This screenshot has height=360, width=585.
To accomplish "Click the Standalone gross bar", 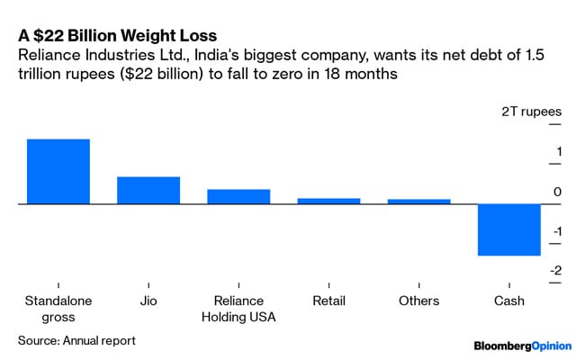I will pos(58,171).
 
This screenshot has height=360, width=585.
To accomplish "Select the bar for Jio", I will pos(148,190).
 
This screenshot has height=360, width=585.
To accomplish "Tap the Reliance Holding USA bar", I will pos(238,196).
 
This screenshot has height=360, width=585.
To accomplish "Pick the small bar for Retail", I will pos(328,201).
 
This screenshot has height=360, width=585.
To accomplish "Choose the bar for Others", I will pos(418,202).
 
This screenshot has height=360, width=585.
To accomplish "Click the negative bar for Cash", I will pos(508,230).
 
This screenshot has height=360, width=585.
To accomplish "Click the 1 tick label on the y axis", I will pos(559,151).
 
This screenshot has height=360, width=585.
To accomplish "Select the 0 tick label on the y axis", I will pos(558,192).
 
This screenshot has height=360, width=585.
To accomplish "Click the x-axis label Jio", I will pos(148,301).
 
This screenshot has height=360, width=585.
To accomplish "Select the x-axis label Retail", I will pos(328,301).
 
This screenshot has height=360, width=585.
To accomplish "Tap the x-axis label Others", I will pos(418,301).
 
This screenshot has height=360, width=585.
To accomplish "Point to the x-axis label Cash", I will pos(508,301).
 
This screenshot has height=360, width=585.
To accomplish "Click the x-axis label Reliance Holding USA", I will pos(238,309).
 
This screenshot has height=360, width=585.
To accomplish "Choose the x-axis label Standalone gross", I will pos(58,309).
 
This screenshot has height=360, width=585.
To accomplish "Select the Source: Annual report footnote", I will pos(76,340).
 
